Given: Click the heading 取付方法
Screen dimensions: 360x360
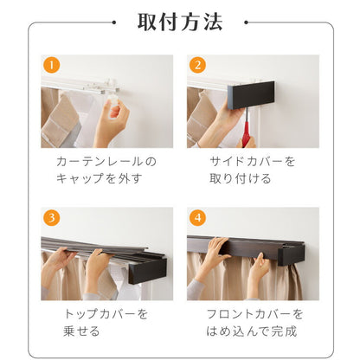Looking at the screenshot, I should pyautogui.click(x=180, y=22).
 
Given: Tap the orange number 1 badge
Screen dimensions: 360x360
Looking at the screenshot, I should pyautogui.click(x=51, y=65).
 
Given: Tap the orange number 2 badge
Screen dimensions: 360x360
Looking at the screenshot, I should pyautogui.click(x=198, y=65).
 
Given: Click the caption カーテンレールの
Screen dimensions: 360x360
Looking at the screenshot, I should pyautogui.click(x=106, y=162).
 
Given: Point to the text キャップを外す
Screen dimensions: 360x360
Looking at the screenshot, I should pyautogui.click(x=100, y=178).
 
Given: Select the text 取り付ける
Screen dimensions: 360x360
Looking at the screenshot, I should pyautogui.click(x=240, y=178).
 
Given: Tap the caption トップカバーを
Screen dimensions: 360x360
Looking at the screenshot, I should pyautogui.click(x=106, y=313).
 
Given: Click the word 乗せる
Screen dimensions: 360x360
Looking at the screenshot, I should pyautogui.click(x=80, y=330).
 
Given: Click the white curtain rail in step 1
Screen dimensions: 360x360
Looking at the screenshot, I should pyautogui.click(x=95, y=83).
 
